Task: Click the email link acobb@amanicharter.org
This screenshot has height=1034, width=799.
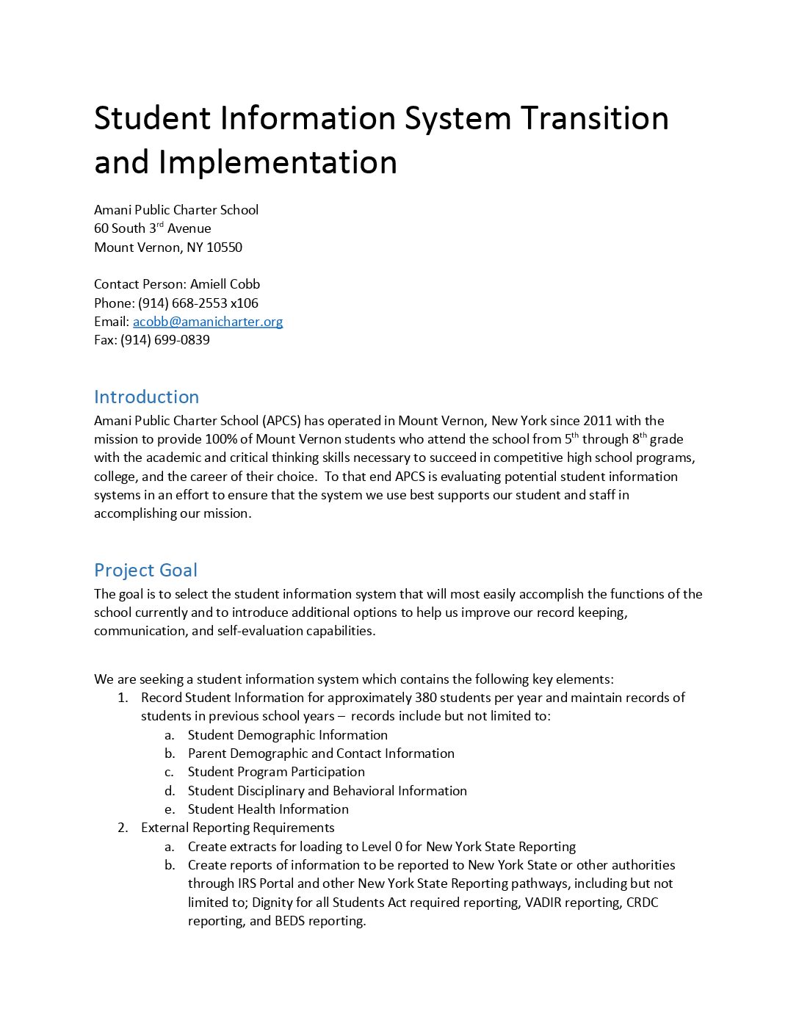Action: click(x=208, y=322)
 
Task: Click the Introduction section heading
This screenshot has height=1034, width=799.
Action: click(x=146, y=397)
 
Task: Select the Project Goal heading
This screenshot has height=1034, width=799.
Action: click(x=145, y=571)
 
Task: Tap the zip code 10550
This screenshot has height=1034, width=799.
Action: click(x=224, y=247)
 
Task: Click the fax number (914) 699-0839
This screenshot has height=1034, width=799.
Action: click(x=165, y=340)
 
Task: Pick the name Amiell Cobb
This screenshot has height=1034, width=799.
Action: click(x=225, y=284)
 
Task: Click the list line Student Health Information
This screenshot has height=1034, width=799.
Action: click(x=268, y=809)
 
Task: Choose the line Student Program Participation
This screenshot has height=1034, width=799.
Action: click(x=276, y=772)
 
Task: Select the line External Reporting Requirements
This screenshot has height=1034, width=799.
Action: click(x=237, y=828)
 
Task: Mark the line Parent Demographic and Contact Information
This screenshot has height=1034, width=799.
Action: click(x=321, y=753)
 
